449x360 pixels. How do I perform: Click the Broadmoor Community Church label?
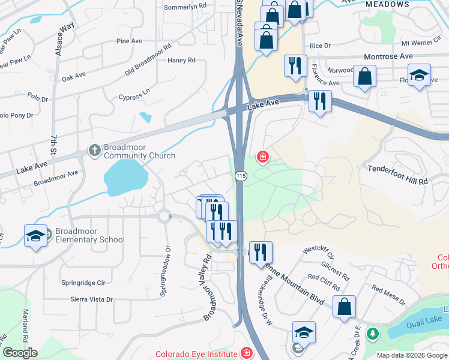[x=140, y=151]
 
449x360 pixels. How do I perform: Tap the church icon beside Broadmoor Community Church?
[x=94, y=151]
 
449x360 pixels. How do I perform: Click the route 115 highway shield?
[x=241, y=175]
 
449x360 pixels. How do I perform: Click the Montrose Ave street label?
[x=388, y=56]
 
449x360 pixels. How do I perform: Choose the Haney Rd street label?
[x=182, y=60]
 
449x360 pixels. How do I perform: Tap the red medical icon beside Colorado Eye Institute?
[x=247, y=353]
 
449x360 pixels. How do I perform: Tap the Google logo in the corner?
[x=20, y=353]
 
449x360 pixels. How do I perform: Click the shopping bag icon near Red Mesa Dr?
[x=345, y=307]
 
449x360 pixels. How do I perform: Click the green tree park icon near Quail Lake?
[x=372, y=332]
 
